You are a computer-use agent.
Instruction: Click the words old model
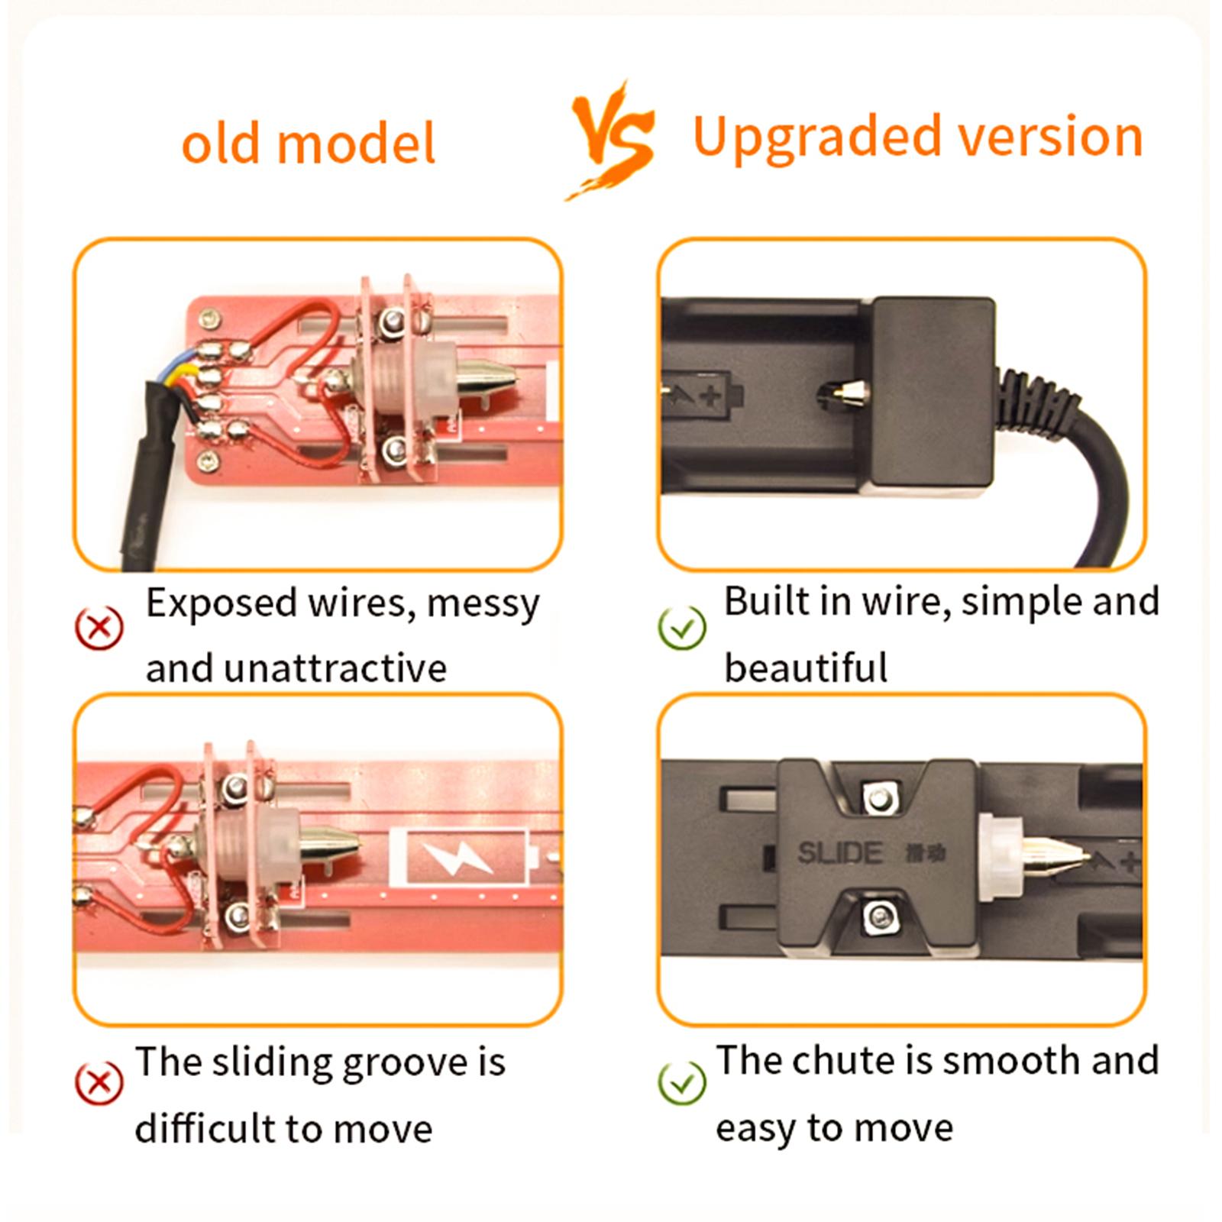click(x=308, y=143)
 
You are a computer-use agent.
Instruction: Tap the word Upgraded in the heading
click(x=818, y=138)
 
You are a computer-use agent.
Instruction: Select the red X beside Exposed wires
click(x=99, y=628)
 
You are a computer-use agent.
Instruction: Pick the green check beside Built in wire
click(x=682, y=628)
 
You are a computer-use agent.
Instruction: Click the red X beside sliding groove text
click(x=99, y=1082)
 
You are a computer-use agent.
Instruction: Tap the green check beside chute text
click(x=682, y=1082)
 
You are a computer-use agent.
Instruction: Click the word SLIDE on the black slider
click(x=840, y=853)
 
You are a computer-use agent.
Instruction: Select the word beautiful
click(x=806, y=668)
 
